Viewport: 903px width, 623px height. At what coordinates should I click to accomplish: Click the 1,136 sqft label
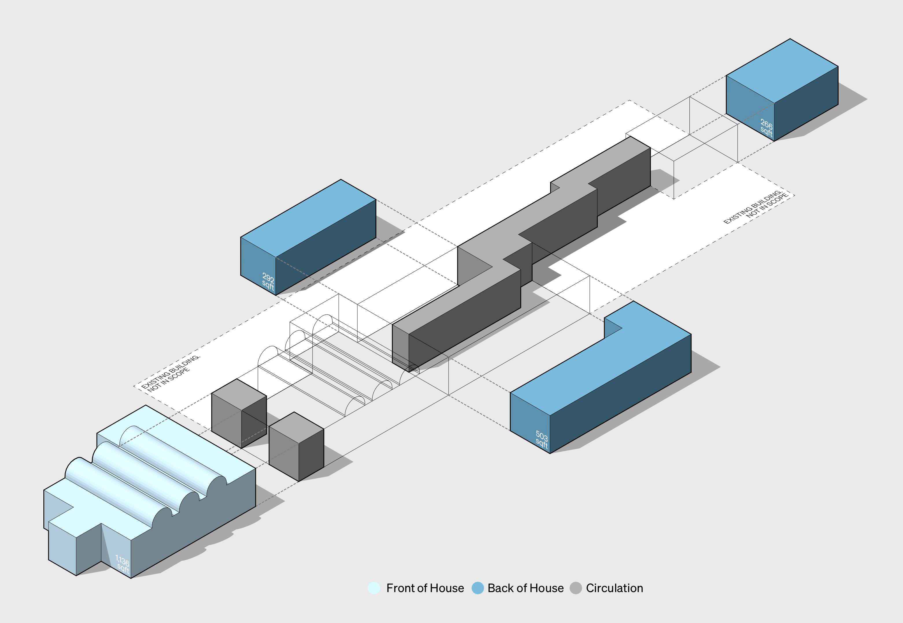(x=123, y=564)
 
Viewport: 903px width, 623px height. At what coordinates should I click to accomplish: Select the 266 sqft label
(x=766, y=128)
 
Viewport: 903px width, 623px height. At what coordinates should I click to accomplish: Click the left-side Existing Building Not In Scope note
(x=170, y=372)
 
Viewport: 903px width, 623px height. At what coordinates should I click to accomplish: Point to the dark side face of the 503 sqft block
(x=621, y=394)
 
